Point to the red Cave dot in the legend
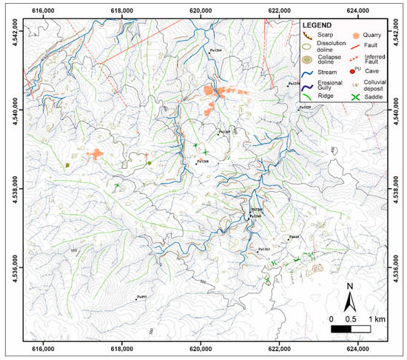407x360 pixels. (x=357, y=72)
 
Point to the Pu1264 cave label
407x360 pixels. (x=216, y=50)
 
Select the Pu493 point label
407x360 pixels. (x=141, y=297)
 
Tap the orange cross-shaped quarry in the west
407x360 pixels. (x=97, y=154)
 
